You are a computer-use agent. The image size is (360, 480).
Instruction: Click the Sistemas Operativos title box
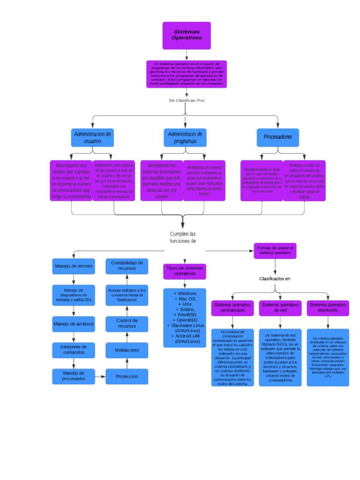[186, 35]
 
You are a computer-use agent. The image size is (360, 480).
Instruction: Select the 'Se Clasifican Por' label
[187, 100]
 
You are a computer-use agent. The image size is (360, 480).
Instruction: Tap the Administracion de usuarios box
[92, 137]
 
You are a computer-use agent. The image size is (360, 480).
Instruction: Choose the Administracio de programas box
[185, 137]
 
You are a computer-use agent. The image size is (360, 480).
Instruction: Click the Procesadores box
[277, 137]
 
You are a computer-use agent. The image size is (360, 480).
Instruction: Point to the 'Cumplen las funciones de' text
[183, 237]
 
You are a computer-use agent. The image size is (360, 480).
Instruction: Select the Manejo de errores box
[74, 266]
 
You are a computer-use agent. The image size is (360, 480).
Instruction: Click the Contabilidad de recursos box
[127, 266]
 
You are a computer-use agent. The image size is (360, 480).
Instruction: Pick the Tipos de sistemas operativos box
[185, 270]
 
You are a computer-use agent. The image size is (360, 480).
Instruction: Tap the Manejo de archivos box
[74, 324]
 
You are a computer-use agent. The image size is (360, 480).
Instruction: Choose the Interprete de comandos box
[74, 350]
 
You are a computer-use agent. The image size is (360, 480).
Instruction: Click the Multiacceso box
[127, 350]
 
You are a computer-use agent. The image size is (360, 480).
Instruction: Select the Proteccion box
[127, 376]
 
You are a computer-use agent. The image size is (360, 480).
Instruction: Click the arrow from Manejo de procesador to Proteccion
[100, 376]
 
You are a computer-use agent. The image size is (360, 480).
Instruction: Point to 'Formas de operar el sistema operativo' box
[275, 250]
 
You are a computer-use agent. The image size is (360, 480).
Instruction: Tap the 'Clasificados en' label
[275, 278]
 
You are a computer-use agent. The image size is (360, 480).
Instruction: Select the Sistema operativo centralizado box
[232, 307]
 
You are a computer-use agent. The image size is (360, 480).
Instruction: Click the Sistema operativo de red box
[280, 307]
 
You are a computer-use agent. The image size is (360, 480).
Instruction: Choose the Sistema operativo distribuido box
[328, 307]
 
